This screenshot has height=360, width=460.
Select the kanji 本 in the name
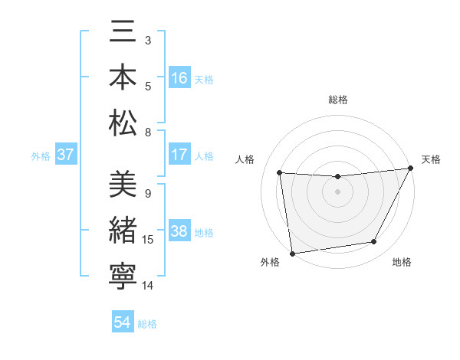click(123, 79)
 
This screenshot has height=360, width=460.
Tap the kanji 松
click(123, 123)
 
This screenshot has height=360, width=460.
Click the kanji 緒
click(123, 230)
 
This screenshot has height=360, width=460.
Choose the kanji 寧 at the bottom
click(123, 274)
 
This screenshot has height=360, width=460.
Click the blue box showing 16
click(179, 78)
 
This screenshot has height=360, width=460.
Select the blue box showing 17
click(179, 155)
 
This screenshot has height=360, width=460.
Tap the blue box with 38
click(179, 232)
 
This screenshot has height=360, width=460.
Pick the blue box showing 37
click(66, 155)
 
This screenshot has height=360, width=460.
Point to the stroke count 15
click(149, 240)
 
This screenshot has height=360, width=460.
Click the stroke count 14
click(149, 286)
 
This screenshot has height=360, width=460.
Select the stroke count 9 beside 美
click(147, 194)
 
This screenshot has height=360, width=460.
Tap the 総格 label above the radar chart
click(337, 100)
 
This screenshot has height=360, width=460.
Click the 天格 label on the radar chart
click(431, 159)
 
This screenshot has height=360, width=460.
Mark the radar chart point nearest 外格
click(291, 253)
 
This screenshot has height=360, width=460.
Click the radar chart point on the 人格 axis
click(280, 173)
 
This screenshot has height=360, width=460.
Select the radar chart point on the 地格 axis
click(374, 242)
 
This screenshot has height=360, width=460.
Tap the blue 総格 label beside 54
click(147, 323)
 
